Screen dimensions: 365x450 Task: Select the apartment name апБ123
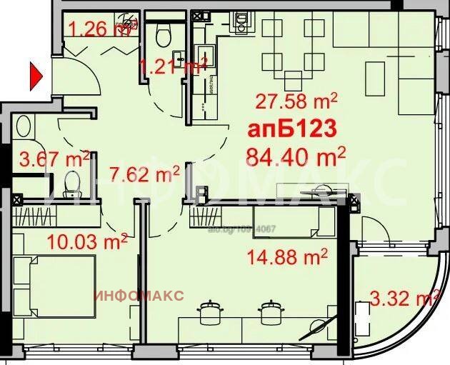(x=292, y=130)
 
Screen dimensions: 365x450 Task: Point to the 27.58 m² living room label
(x=297, y=99)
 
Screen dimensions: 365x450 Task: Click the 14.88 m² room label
(x=287, y=255)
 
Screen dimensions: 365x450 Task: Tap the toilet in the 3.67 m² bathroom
(x=71, y=181)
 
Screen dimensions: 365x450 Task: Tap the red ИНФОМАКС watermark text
(x=139, y=295)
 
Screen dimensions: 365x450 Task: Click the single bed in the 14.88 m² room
(x=294, y=221)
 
